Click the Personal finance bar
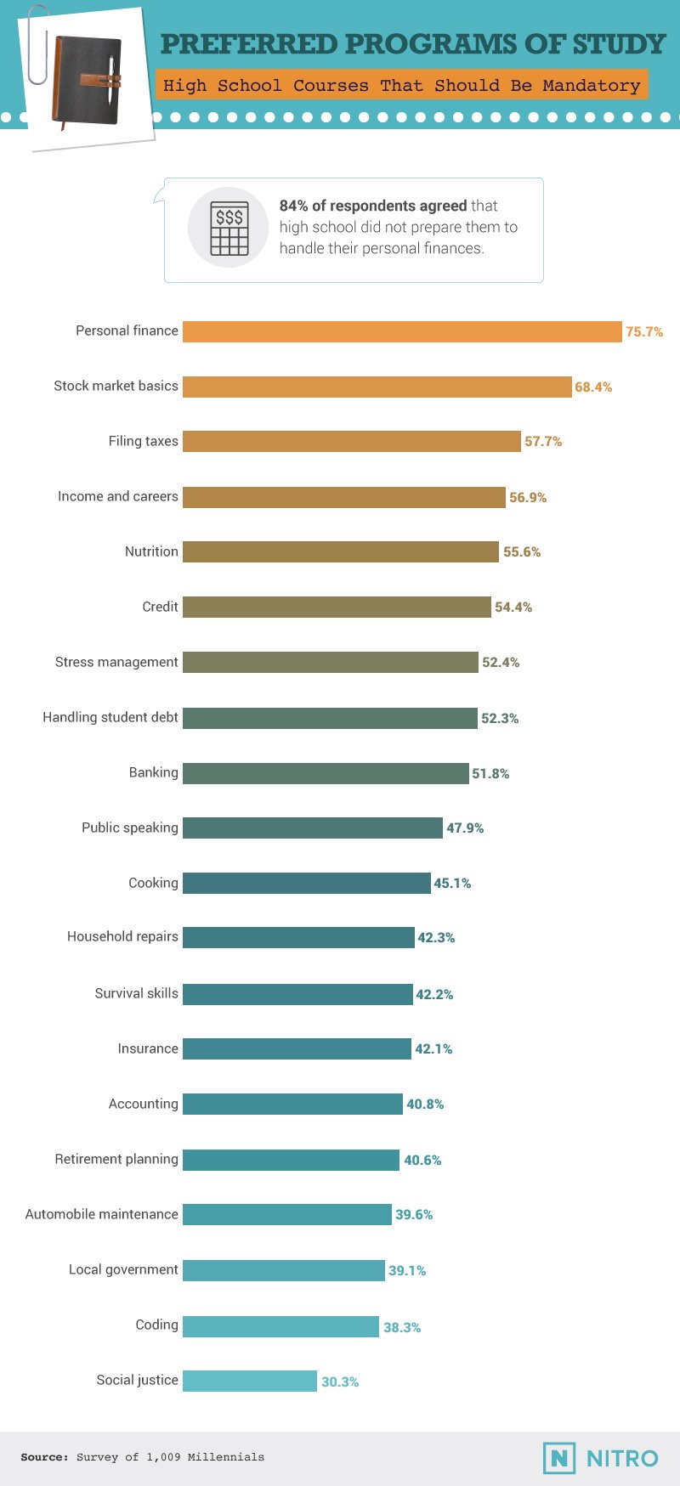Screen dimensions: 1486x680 pyautogui.click(x=402, y=331)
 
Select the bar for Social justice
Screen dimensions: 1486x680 pyautogui.click(x=250, y=1381)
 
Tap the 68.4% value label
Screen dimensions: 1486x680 pyautogui.click(x=593, y=387)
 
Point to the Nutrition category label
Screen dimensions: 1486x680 pyautogui.click(x=151, y=551)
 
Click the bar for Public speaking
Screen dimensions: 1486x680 pyautogui.click(x=312, y=828)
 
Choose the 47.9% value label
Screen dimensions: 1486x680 pyautogui.click(x=465, y=828)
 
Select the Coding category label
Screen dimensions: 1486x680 pyautogui.click(x=156, y=1325)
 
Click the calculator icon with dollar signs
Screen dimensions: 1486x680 pyautogui.click(x=229, y=228)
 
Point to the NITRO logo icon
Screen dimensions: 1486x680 pyautogui.click(x=558, y=1458)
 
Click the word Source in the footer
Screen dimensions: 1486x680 pyautogui.click(x=44, y=1457)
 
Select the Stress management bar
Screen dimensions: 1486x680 pyautogui.click(x=330, y=662)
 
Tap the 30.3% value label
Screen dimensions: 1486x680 pyautogui.click(x=340, y=1382)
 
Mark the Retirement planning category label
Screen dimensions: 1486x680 pyautogui.click(x=116, y=1159)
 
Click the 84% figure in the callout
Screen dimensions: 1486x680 pyautogui.click(x=293, y=206)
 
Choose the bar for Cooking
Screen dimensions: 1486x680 pyautogui.click(x=306, y=883)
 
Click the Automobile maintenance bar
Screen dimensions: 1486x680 pyautogui.click(x=286, y=1214)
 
